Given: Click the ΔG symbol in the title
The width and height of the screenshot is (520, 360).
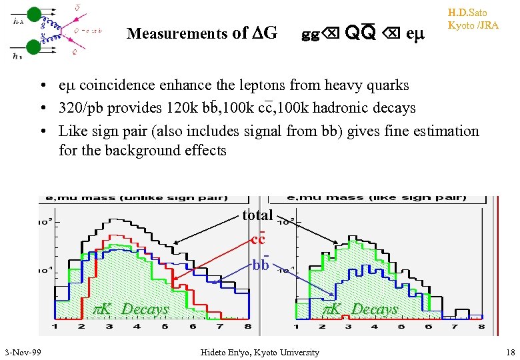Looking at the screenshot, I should pyautogui.click(x=265, y=33).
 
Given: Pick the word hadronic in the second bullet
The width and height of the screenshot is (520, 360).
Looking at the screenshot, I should pyautogui.click(x=339, y=108).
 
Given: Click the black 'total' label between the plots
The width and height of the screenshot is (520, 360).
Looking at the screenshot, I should pyautogui.click(x=257, y=215).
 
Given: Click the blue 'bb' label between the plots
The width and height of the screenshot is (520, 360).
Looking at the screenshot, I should pyautogui.click(x=261, y=265).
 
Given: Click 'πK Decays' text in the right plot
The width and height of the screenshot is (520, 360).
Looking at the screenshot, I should pyautogui.click(x=361, y=309).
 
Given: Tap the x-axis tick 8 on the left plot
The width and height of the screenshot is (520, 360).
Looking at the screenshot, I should pyautogui.click(x=247, y=327).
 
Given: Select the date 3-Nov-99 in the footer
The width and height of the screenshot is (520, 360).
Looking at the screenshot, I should pyautogui.click(x=23, y=352).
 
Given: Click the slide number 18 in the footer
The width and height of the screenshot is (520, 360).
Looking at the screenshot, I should pyautogui.click(x=511, y=352).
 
